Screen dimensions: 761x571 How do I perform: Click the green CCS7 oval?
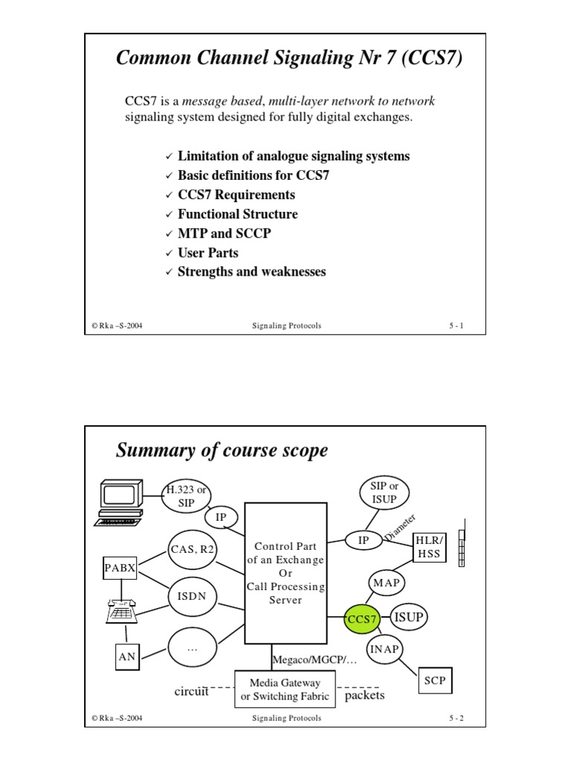362,618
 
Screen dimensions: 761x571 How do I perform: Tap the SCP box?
433,680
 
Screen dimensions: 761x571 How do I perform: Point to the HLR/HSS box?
429,547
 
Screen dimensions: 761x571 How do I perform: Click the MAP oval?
387,583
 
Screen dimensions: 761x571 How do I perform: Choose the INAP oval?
385,649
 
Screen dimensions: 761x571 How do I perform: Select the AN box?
126,656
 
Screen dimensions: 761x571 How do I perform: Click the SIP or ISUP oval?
384,492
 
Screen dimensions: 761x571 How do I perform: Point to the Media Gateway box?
285,689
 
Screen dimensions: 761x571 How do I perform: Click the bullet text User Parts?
207,253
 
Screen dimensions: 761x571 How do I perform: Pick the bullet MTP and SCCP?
225,233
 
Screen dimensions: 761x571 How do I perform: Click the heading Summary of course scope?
222,450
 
